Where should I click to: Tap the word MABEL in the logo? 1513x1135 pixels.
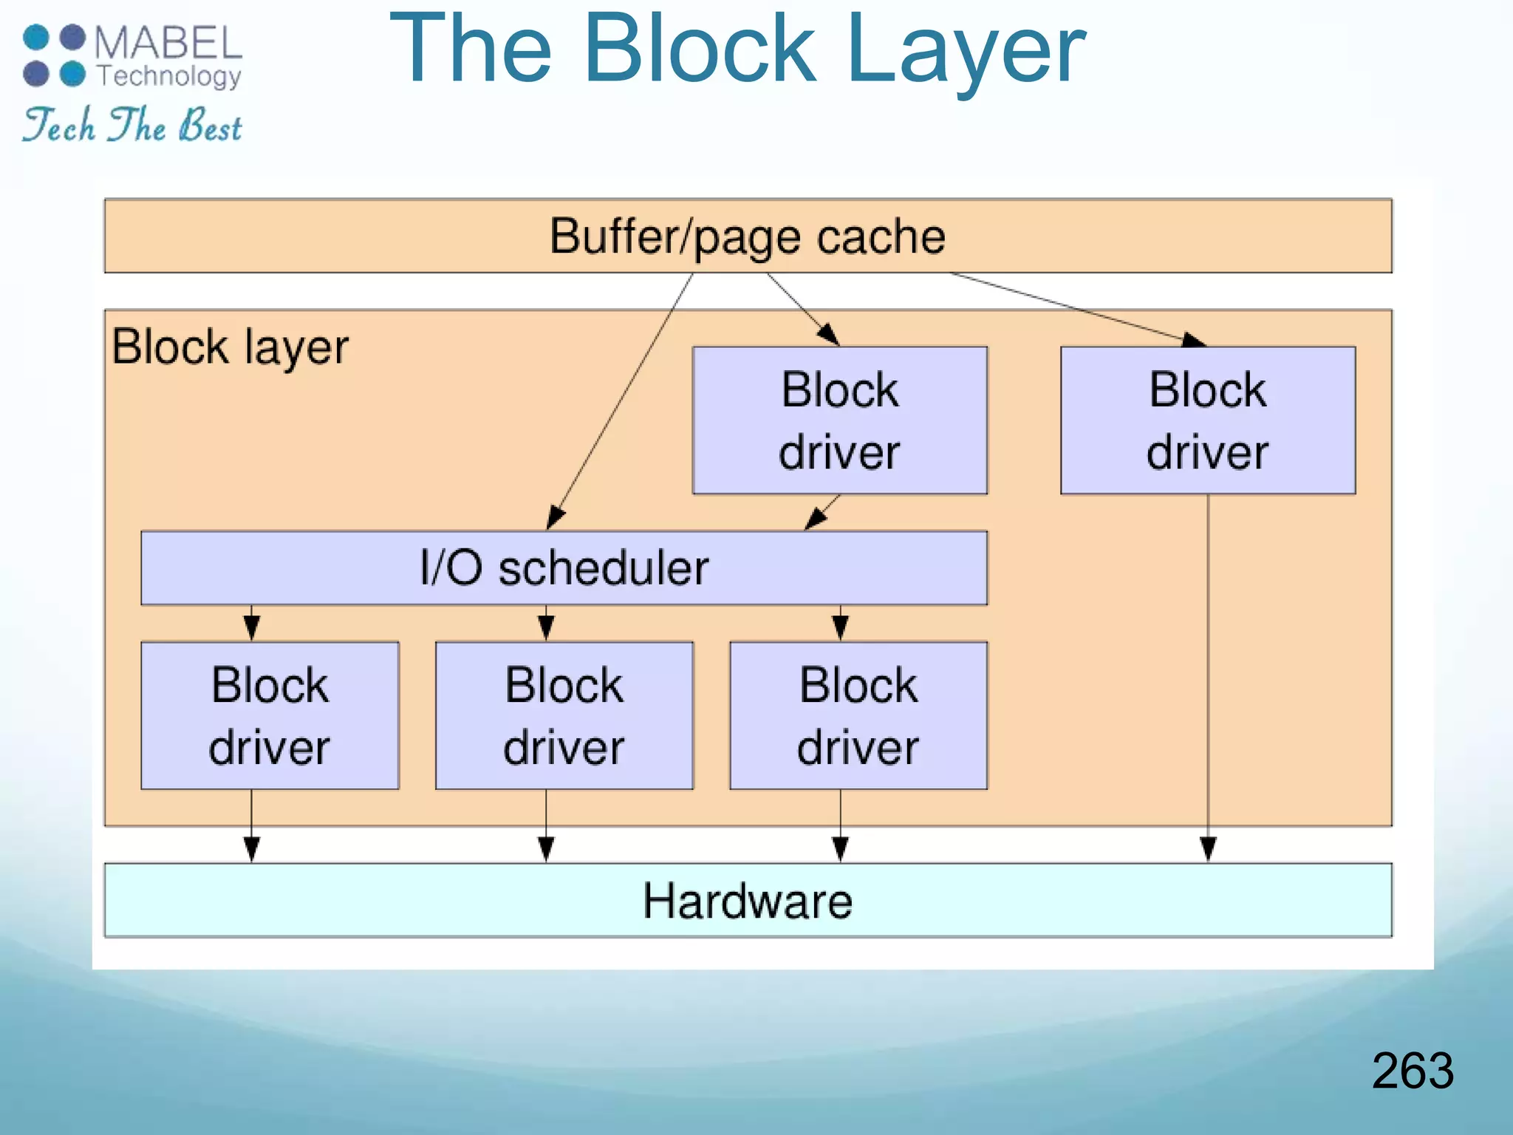point(168,43)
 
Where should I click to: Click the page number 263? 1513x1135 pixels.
point(1412,1071)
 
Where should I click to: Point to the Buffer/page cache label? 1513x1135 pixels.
point(747,236)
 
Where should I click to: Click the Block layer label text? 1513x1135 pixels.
point(230,347)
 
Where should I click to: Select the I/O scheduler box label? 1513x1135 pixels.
point(564,567)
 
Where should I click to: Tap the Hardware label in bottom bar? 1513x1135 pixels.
point(747,901)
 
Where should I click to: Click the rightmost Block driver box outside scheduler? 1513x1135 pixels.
point(1207,420)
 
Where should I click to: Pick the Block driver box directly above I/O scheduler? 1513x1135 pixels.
point(839,420)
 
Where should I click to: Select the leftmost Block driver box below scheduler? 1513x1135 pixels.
point(270,715)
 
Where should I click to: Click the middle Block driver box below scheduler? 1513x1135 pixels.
point(564,715)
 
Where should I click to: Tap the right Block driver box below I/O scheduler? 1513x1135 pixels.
point(858,715)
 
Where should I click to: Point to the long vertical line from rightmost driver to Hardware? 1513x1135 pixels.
point(1208,665)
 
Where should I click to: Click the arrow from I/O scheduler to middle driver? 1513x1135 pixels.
point(546,624)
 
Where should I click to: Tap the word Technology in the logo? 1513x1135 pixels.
point(169,76)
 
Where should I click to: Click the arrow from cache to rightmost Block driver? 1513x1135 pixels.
point(1071,306)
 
